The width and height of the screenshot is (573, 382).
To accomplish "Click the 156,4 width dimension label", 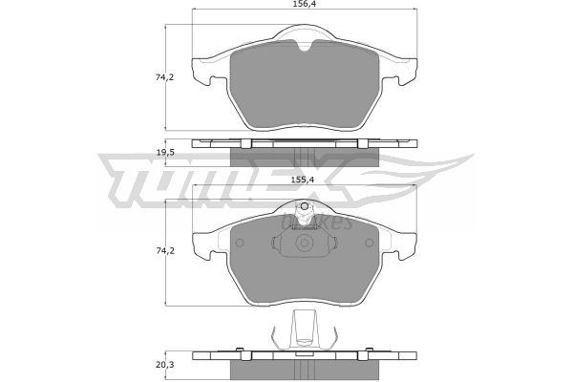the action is pos(304,4).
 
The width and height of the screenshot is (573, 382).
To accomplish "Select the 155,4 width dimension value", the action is pos(303,180).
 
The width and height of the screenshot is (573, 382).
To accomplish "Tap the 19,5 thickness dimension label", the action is pos(165,153).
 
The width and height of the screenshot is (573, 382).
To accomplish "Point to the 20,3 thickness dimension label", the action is pos(165,365).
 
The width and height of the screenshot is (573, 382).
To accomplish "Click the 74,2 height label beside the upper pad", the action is pos(165,77).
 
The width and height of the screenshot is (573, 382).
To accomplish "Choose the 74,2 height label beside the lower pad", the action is pos(165,251).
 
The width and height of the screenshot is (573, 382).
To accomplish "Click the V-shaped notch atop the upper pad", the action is pos(305,46).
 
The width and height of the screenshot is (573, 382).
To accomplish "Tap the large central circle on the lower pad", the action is pos(304,243).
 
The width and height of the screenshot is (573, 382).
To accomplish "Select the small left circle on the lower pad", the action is pos(240,243).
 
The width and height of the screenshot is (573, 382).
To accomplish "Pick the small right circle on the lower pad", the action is pos(370,243).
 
